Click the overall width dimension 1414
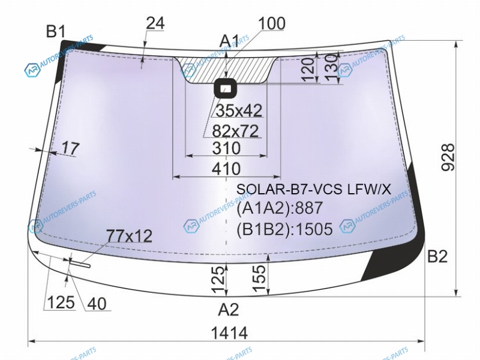click(229, 333)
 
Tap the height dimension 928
click(448, 157)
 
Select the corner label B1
click(56, 31)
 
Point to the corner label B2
click(437, 256)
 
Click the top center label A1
click(230, 41)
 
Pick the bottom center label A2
click(229, 310)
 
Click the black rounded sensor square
click(226, 88)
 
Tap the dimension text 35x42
click(239, 110)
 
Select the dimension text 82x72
click(235, 131)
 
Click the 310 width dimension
click(227, 148)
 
